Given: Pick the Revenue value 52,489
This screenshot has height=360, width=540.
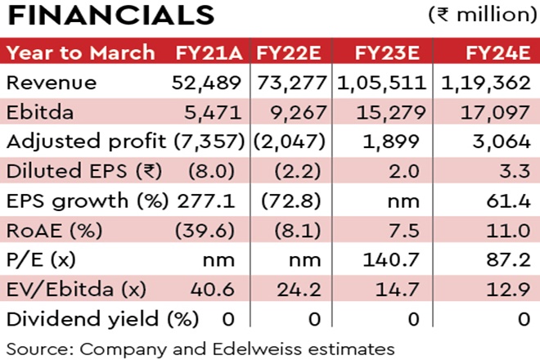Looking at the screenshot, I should tap(208, 83).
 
